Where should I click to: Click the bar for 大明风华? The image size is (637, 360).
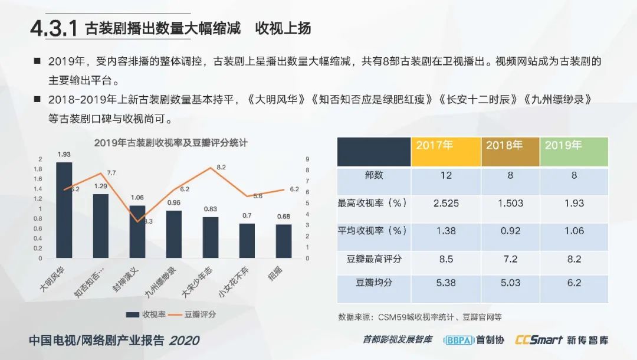(64, 210)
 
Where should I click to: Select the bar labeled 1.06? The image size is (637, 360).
(137, 231)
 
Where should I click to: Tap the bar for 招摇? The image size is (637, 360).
(284, 241)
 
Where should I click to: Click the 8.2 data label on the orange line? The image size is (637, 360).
(221, 168)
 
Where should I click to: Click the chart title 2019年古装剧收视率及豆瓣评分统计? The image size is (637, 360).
(170, 143)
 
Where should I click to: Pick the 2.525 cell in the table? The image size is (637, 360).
(446, 203)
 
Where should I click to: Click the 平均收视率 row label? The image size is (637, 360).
(373, 231)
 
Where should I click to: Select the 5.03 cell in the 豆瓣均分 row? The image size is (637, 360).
(510, 283)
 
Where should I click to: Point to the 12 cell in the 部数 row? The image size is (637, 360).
(446, 175)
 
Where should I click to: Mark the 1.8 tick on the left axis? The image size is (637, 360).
(40, 169)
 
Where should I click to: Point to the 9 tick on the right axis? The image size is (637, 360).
(307, 159)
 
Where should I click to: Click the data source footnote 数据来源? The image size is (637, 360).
(419, 317)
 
